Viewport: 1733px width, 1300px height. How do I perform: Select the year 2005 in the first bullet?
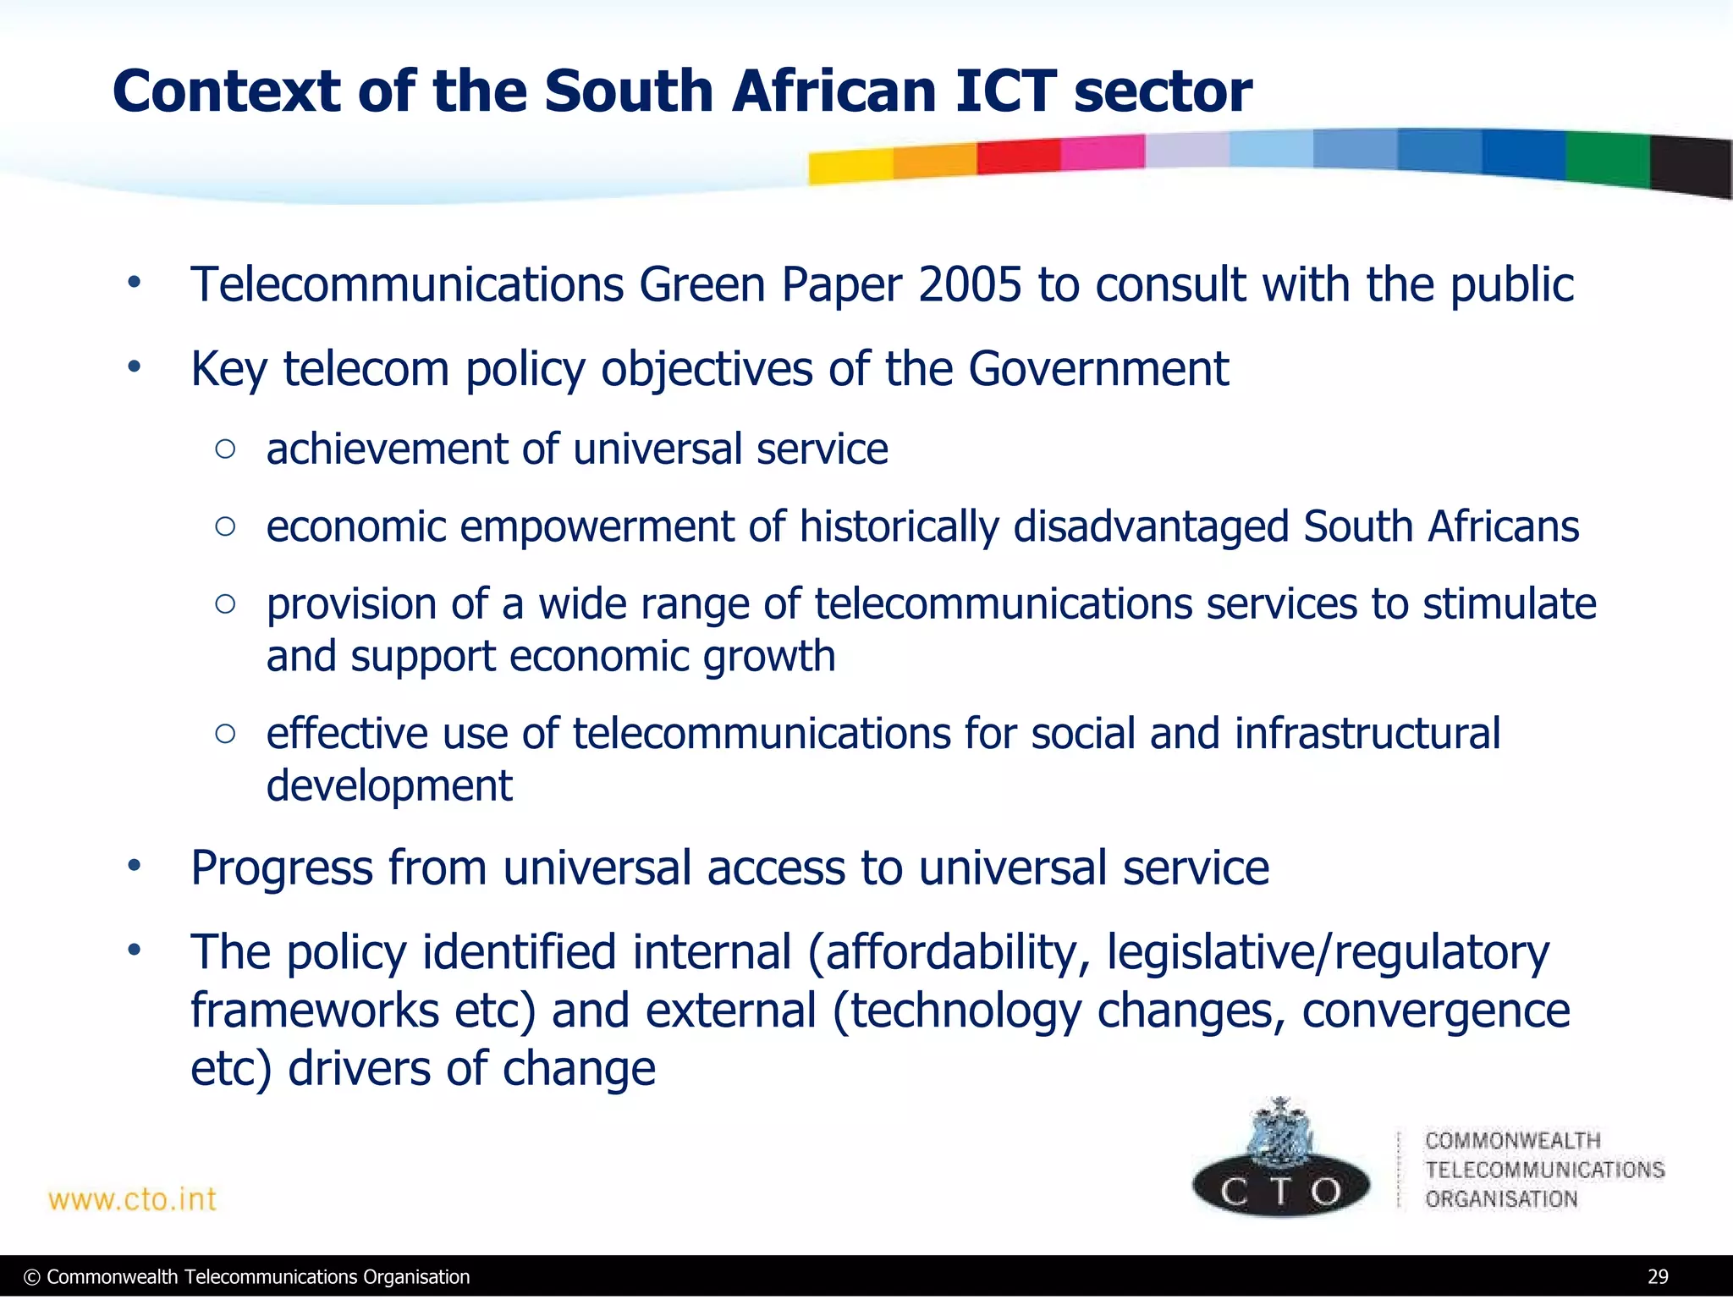[x=970, y=284]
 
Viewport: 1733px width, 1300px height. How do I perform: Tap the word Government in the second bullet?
[x=1098, y=369]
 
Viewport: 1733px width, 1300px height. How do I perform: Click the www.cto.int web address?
[x=133, y=1199]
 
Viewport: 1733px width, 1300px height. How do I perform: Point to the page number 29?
[x=1658, y=1276]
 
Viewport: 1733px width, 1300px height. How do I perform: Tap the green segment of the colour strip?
[x=1607, y=159]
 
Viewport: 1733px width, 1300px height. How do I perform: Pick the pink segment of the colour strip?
[x=1102, y=152]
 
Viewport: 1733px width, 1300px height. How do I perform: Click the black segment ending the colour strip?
[x=1691, y=166]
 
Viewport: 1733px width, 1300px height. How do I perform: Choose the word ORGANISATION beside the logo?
[x=1501, y=1199]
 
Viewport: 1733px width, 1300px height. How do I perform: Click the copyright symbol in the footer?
[x=33, y=1277]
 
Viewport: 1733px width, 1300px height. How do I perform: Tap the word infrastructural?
[x=1367, y=733]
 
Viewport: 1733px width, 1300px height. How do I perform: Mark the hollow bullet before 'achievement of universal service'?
[x=225, y=449]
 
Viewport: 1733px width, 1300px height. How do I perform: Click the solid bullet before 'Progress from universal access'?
[x=134, y=867]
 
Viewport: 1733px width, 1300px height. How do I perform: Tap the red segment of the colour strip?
[x=1018, y=157]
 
